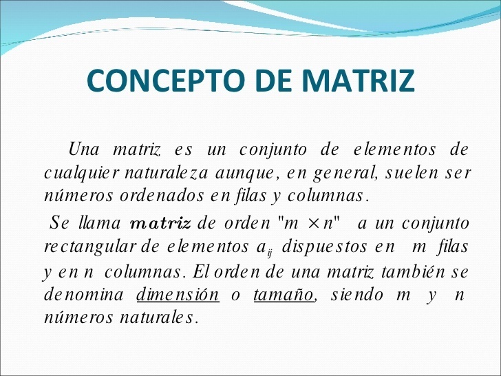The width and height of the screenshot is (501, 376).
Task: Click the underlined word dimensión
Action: click(x=178, y=295)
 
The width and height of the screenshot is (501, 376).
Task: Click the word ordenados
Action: click(x=135, y=196)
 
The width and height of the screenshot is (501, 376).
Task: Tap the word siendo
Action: click(x=358, y=295)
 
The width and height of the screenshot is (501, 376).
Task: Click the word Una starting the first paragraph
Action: click(x=85, y=149)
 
